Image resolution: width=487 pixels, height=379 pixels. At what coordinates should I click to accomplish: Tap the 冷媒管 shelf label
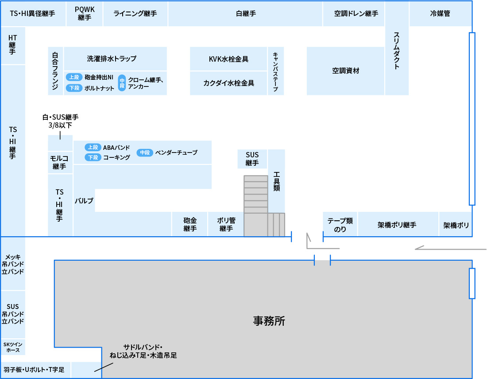click(x=440, y=13)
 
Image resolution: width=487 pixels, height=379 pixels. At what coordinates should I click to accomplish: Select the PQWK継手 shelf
click(x=84, y=13)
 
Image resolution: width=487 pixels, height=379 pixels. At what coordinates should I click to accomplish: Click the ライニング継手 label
click(x=135, y=13)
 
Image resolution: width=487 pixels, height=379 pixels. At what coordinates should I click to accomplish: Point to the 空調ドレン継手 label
click(x=356, y=13)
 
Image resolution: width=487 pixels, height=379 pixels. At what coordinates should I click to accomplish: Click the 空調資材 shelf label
click(x=346, y=71)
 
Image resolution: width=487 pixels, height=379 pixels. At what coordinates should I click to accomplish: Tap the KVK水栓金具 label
click(x=228, y=59)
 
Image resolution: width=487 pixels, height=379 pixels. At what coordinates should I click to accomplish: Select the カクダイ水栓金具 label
click(x=228, y=83)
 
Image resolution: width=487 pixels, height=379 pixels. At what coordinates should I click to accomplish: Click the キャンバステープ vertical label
click(x=275, y=71)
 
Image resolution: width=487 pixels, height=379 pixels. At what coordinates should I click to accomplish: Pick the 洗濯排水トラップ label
click(x=112, y=58)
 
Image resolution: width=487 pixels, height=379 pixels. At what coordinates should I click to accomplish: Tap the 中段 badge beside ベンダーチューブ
click(x=145, y=152)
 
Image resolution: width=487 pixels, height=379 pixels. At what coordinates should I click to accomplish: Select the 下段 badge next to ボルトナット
click(x=74, y=88)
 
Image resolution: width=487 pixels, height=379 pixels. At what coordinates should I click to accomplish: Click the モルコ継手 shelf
click(x=59, y=162)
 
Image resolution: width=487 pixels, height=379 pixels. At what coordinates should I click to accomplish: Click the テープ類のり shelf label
click(x=340, y=225)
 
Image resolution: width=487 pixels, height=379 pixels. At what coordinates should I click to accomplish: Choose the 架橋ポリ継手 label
click(x=397, y=225)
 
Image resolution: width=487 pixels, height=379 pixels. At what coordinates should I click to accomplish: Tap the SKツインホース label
click(x=13, y=347)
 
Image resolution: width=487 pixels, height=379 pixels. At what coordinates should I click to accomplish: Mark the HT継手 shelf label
click(x=12, y=45)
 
